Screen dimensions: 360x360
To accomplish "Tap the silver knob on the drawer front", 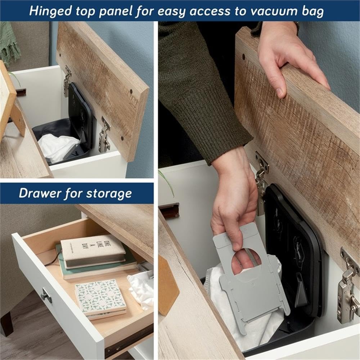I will click(x=46, y=296).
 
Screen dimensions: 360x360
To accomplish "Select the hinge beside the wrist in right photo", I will click(x=262, y=180).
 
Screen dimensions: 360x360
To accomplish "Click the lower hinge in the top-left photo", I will click(x=104, y=136).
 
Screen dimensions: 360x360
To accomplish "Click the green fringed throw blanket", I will click(x=9, y=43).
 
